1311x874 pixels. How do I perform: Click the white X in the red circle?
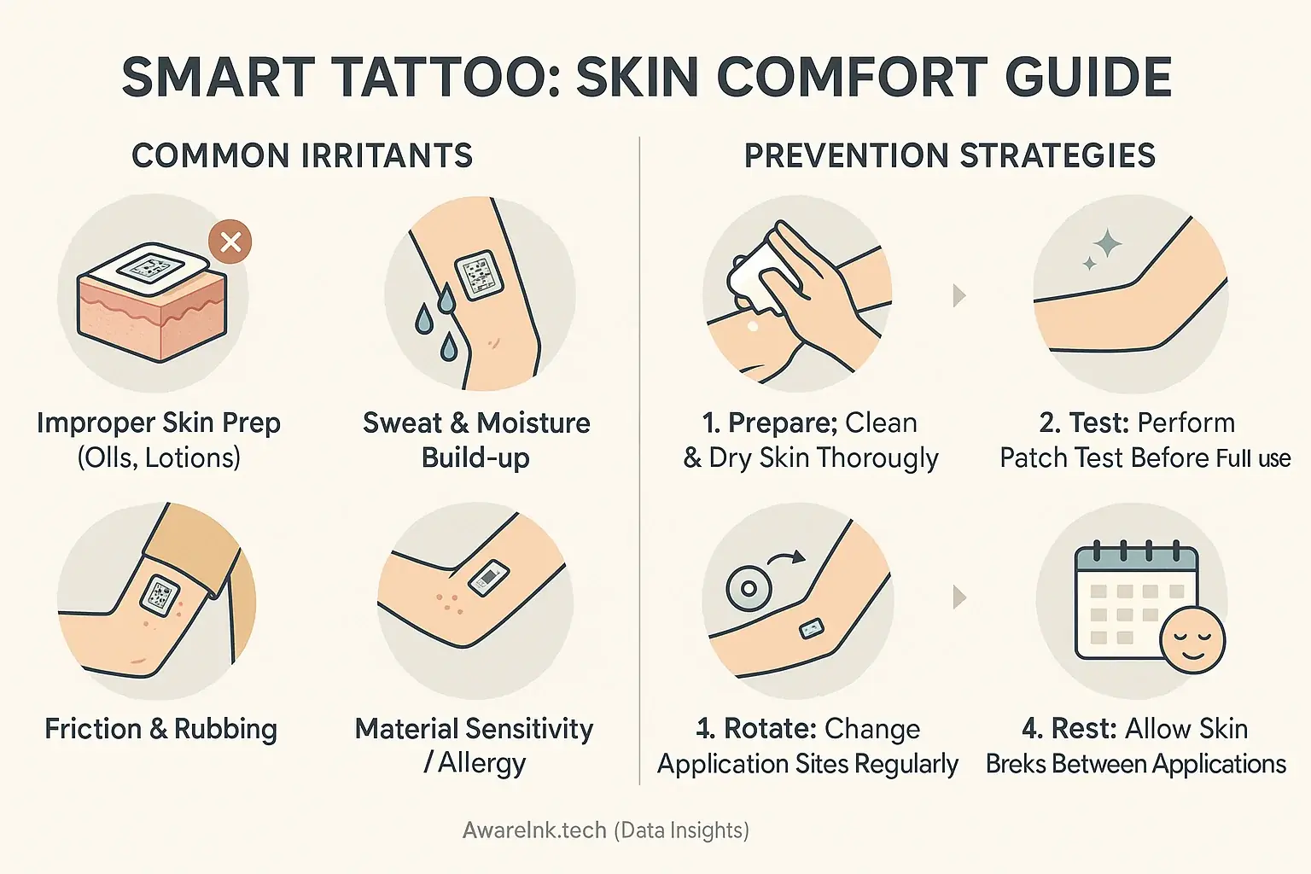point(230,242)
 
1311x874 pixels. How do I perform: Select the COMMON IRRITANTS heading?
point(302,156)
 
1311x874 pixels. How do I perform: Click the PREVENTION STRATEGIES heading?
point(949,156)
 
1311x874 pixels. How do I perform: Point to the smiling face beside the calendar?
point(1192,640)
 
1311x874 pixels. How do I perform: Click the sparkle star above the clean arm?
point(1107,244)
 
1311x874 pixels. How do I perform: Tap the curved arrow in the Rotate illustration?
point(786,560)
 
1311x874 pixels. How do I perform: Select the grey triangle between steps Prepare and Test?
point(959,296)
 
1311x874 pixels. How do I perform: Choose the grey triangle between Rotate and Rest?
point(959,597)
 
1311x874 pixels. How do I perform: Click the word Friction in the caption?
point(93,729)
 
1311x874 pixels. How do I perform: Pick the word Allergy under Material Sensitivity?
point(481,763)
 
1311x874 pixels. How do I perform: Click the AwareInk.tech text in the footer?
point(534,830)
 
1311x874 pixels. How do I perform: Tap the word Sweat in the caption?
point(402,423)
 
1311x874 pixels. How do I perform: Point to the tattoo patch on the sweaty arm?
point(476,275)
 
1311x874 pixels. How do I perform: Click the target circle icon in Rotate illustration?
point(749,588)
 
